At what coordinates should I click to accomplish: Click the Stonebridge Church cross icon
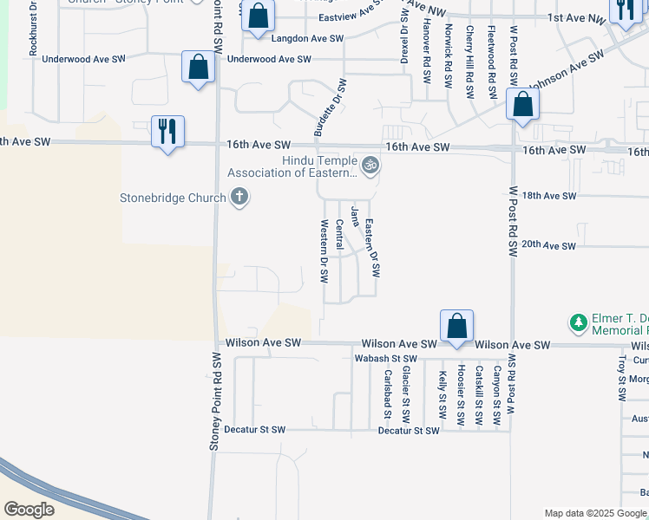tap(239, 198)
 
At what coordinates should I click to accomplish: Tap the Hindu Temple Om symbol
tap(370, 165)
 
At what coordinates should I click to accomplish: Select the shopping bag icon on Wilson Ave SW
tap(456, 327)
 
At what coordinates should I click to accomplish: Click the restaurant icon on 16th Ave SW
tap(167, 132)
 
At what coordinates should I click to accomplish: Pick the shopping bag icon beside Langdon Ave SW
tap(258, 16)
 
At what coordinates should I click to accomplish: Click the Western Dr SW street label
tap(324, 251)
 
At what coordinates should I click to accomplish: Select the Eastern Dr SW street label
tap(373, 248)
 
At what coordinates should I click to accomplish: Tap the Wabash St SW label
tap(386, 358)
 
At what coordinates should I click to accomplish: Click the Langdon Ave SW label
tap(307, 39)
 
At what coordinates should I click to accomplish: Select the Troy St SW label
tap(621, 378)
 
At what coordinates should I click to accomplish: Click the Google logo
tap(29, 509)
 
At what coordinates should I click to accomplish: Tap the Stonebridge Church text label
tap(173, 198)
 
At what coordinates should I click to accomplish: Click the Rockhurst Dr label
tap(33, 29)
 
